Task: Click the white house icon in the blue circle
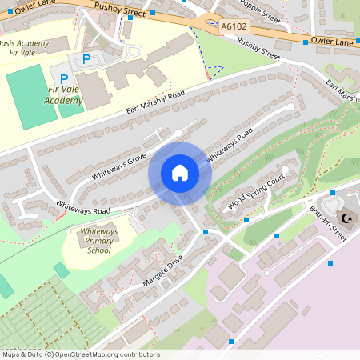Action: point(180,173)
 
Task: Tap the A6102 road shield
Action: point(234,26)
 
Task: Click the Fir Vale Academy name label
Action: point(63,96)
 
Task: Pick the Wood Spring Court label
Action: point(257,191)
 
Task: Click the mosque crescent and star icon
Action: point(347,218)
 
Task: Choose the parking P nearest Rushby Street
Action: point(86,58)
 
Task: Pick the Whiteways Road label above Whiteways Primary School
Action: point(83,206)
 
